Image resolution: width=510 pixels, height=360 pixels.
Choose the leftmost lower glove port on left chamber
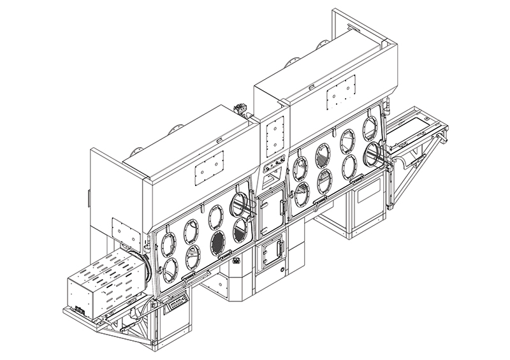click(x=171, y=268)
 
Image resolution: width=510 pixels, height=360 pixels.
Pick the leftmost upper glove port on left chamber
click(x=169, y=242)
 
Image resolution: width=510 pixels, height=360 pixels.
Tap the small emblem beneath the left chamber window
click(x=237, y=259)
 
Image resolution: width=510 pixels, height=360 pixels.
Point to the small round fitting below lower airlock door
click(x=280, y=270)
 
